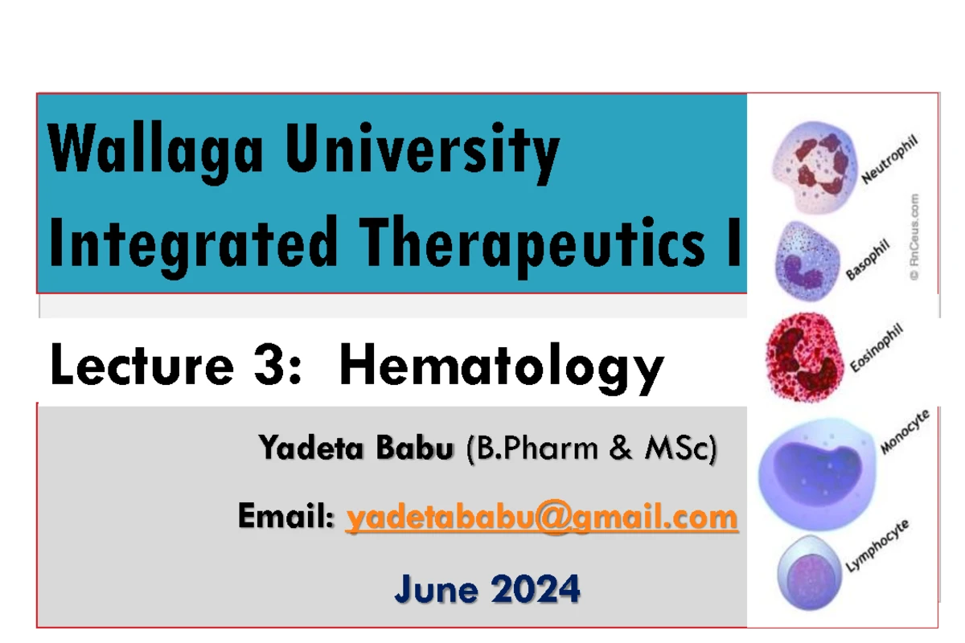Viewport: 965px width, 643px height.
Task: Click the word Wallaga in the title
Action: (x=155, y=152)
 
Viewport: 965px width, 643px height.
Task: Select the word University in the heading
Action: (x=422, y=152)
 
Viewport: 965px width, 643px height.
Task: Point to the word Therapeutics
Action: (x=532, y=246)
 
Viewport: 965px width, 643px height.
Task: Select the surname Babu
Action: (x=415, y=448)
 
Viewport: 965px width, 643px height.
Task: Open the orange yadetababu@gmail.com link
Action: (x=542, y=517)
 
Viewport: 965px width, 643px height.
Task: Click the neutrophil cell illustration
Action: (x=814, y=167)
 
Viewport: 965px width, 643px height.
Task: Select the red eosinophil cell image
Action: (x=804, y=358)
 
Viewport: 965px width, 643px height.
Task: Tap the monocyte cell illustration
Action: (x=817, y=473)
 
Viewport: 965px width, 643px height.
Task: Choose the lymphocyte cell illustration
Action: (x=809, y=573)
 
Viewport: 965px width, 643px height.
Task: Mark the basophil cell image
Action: (x=807, y=261)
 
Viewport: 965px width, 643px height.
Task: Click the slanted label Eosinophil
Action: (x=877, y=347)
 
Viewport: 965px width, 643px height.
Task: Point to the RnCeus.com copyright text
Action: (x=914, y=237)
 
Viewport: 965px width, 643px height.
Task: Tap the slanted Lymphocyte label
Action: (x=877, y=546)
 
